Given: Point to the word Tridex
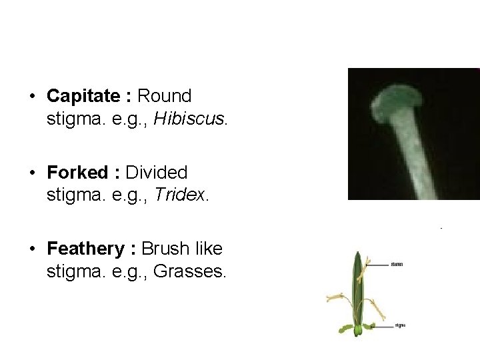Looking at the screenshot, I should click(x=185, y=197).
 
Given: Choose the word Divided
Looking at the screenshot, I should click(x=157, y=173).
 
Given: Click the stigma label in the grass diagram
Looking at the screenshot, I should click(x=400, y=326).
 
